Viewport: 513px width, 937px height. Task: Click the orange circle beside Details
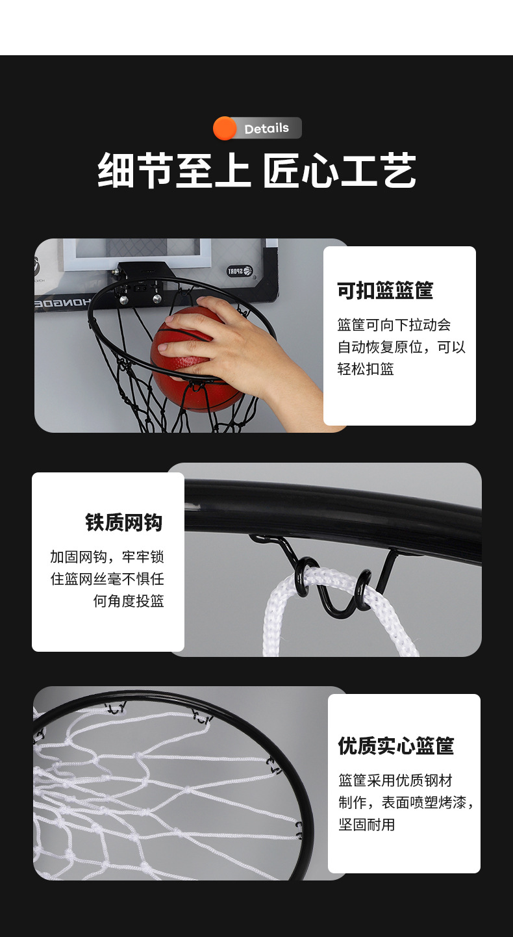pyautogui.click(x=225, y=129)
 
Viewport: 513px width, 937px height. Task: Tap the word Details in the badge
pyautogui.click(x=266, y=129)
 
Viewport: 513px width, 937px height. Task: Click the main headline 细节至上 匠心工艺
pyautogui.click(x=256, y=170)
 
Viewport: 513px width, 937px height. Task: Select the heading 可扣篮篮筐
pyautogui.click(x=385, y=290)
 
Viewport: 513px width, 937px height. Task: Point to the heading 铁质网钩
pyautogui.click(x=124, y=522)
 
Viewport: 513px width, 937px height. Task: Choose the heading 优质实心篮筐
pyautogui.click(x=395, y=745)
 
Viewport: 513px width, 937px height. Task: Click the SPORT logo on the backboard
pyautogui.click(x=240, y=271)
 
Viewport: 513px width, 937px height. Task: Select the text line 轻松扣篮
pyautogui.click(x=366, y=369)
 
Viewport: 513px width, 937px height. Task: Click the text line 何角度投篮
pyautogui.click(x=129, y=601)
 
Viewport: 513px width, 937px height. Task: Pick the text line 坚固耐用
pyautogui.click(x=366, y=825)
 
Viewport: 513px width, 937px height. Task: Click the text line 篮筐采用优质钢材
pyautogui.click(x=395, y=780)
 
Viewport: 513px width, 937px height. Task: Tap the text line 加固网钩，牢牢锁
pyautogui.click(x=107, y=557)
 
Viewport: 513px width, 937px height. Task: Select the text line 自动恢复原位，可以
pyautogui.click(x=401, y=347)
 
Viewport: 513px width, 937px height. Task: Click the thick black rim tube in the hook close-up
pyautogui.click(x=338, y=513)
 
